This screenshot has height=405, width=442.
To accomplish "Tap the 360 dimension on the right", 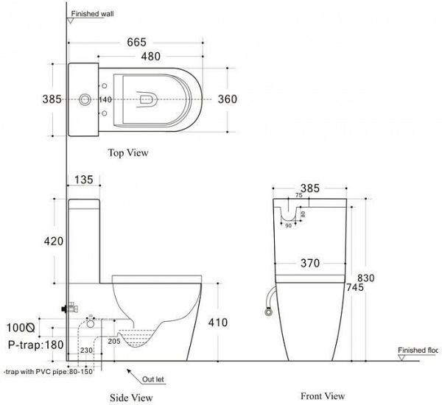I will coord(226,100).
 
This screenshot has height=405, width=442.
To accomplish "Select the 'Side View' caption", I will coord(133,398).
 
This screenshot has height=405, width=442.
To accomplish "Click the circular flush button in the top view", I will coord(86,99).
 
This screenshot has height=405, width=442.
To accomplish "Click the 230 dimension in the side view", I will coord(86,350).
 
